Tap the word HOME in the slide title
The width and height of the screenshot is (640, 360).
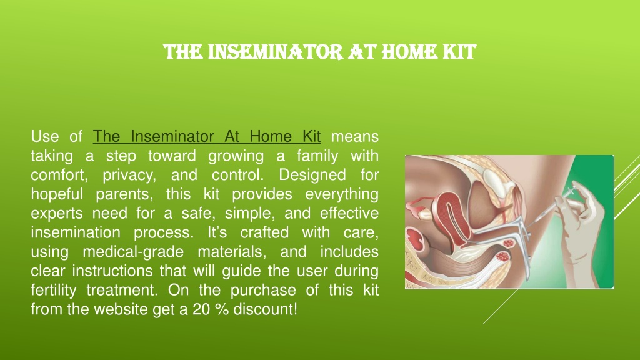tap(410, 52)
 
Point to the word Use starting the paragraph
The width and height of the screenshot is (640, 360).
tap(44, 136)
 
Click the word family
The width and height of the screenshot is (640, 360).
tap(317, 156)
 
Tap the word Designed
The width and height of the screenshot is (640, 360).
tap(312, 175)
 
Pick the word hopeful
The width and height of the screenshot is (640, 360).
tap(57, 194)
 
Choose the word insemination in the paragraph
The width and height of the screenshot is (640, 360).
tap(76, 232)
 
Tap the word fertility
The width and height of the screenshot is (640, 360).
tap(54, 290)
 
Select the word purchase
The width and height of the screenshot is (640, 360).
tap(263, 290)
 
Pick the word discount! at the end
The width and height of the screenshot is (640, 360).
tap(265, 309)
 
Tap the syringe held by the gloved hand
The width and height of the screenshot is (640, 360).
tap(551, 206)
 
